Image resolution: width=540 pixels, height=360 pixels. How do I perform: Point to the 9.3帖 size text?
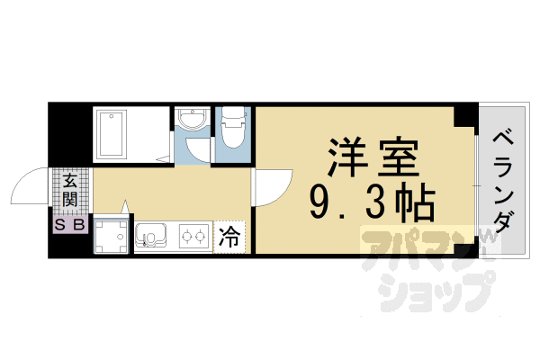[x=371, y=204]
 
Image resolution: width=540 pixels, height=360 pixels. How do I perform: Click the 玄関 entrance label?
[x=69, y=191]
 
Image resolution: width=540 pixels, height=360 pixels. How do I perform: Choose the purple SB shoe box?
[x=70, y=225]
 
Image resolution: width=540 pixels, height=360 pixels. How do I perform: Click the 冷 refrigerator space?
[x=230, y=238]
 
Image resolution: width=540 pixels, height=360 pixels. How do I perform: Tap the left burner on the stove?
[x=186, y=238]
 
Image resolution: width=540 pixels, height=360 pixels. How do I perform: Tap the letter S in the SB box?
[x=63, y=225]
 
